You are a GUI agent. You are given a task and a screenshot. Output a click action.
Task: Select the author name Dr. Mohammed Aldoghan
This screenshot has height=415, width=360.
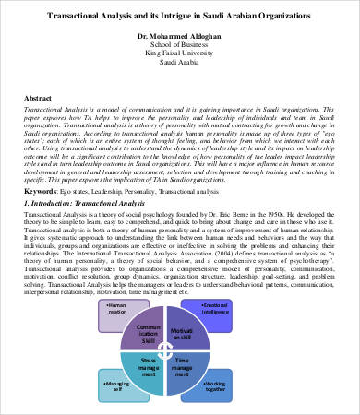[180, 36]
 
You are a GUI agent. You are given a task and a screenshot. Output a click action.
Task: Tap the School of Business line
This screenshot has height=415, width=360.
[180, 46]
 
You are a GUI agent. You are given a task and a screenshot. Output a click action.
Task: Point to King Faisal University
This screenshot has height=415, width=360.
[180, 56]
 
